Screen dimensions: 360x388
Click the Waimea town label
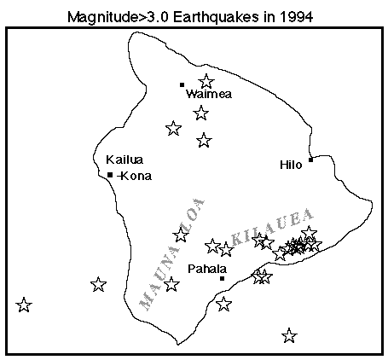(204, 96)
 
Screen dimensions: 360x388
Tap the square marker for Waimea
(182, 84)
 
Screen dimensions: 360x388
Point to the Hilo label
(291, 165)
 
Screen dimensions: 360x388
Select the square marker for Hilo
(311, 159)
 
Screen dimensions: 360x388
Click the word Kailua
(124, 160)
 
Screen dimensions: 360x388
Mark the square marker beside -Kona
(111, 175)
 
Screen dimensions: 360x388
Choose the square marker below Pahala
(222, 278)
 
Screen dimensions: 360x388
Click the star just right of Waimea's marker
(206, 82)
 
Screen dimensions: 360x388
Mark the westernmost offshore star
(24, 305)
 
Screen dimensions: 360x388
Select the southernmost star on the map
(289, 335)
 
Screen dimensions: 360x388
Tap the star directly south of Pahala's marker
(223, 304)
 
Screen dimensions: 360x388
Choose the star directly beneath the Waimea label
(201, 113)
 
